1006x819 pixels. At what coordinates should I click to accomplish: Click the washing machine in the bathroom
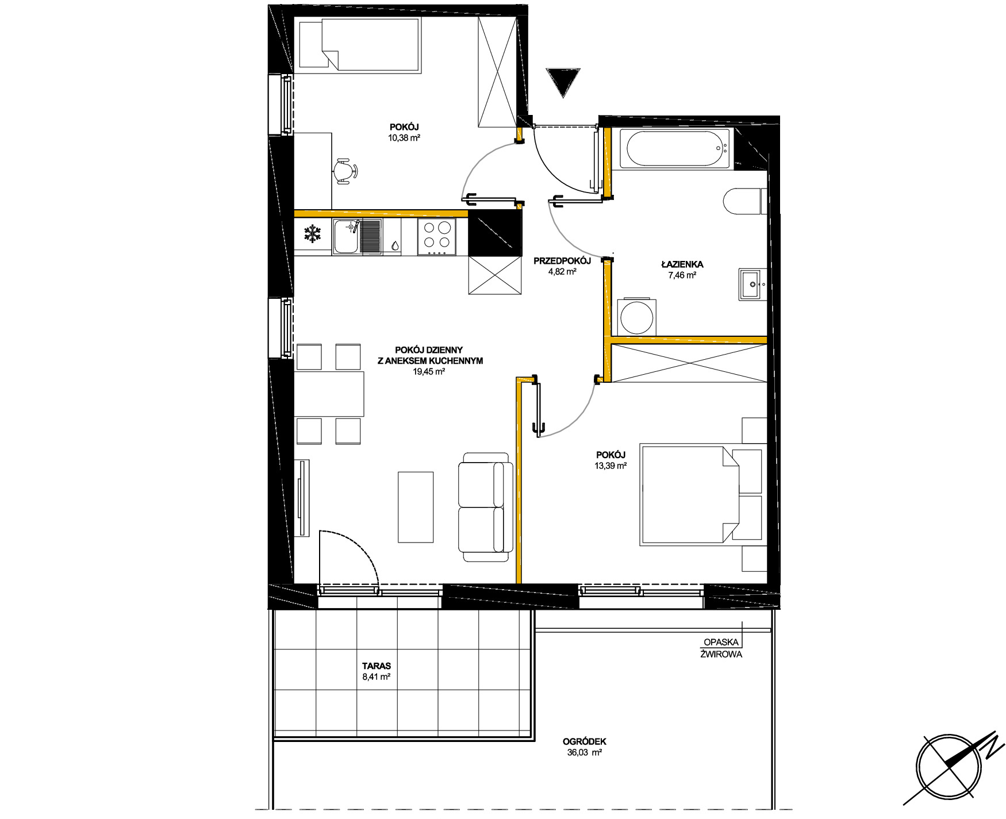click(x=636, y=316)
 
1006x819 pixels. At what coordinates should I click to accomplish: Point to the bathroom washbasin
click(x=753, y=284)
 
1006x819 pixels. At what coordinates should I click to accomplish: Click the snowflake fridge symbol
click(x=312, y=234)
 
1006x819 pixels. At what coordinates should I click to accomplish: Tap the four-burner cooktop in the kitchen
click(x=437, y=237)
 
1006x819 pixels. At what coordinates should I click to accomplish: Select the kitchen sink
click(x=357, y=237)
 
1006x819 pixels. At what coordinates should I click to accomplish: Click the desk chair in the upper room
click(x=345, y=171)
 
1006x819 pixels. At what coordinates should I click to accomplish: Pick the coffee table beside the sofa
click(x=416, y=507)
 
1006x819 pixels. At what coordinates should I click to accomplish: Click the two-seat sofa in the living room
click(x=485, y=507)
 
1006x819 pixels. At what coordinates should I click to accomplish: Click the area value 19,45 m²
click(x=429, y=372)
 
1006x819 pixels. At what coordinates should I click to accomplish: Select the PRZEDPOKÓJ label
click(x=562, y=261)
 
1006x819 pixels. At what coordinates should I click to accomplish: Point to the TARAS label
click(x=377, y=666)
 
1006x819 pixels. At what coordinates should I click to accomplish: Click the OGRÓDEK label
click(x=585, y=742)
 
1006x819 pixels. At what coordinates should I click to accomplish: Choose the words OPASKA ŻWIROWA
click(x=721, y=648)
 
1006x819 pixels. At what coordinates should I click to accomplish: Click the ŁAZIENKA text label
click(x=682, y=264)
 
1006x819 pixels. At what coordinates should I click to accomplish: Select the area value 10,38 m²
click(x=404, y=138)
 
